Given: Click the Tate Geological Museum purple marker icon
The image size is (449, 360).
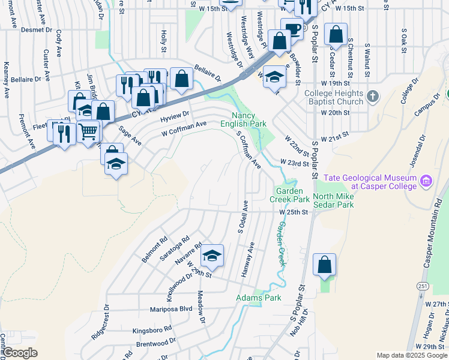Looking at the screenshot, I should [x=426, y=180].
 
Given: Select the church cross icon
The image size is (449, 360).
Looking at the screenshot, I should [x=373, y=96].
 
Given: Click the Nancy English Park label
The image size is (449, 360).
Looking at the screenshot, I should [x=249, y=119].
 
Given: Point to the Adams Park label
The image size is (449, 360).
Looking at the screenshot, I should [x=259, y=298].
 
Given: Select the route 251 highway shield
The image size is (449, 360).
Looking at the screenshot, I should [x=423, y=287].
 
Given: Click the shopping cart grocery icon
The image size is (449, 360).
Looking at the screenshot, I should [x=88, y=130].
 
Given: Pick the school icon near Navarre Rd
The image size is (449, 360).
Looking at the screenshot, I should [x=211, y=256].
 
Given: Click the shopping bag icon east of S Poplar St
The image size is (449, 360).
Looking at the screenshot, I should [x=324, y=265].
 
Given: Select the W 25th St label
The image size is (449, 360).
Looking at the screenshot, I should [x=293, y=212].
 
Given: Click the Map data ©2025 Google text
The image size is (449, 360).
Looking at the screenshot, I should [x=412, y=355].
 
